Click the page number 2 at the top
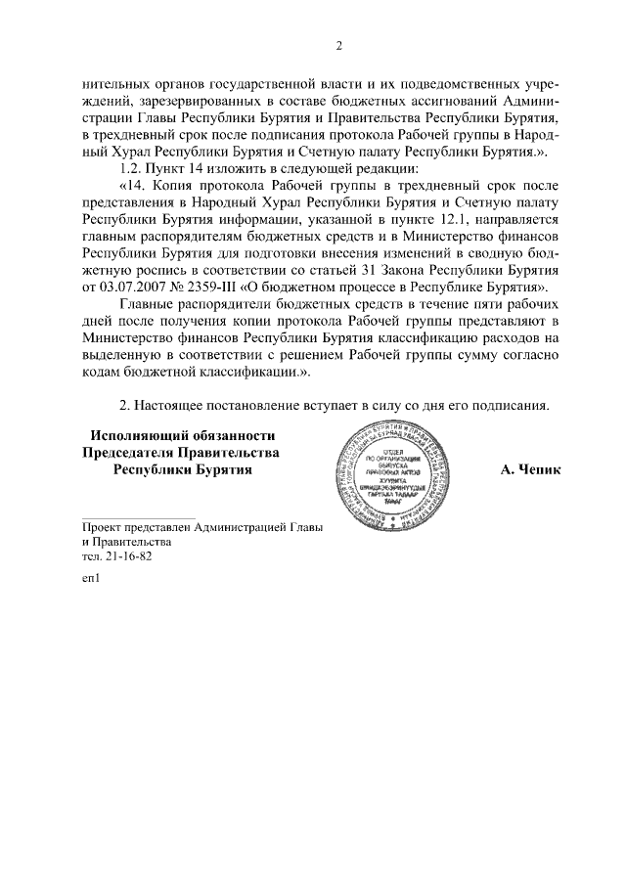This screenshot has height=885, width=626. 337,45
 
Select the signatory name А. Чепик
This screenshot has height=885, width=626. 530,469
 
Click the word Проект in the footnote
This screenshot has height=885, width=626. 105,525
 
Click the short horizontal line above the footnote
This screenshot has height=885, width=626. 137,515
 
